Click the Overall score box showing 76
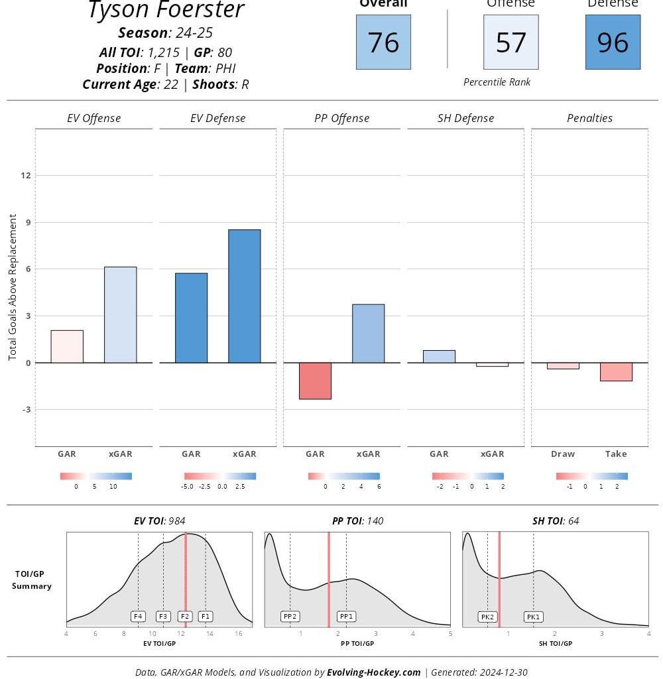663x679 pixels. [x=383, y=42]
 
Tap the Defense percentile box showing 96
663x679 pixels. [x=613, y=42]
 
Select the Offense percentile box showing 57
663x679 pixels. [x=511, y=42]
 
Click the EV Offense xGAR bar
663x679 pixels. [x=120, y=315]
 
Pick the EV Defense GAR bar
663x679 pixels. [x=191, y=318]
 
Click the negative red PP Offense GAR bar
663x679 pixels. [x=315, y=381]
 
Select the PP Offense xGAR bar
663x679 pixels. [x=368, y=334]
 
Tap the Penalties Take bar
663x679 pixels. [x=616, y=371]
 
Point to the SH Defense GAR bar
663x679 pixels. [x=439, y=356]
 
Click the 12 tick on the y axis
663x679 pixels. [x=26, y=175]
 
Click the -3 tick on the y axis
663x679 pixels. [x=26, y=410]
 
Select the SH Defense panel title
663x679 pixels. [x=465, y=118]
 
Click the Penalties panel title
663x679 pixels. [x=589, y=118]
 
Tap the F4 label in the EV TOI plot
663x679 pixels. [x=138, y=616]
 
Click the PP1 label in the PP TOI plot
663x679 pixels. [x=346, y=616]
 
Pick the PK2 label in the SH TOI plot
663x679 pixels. [x=487, y=617]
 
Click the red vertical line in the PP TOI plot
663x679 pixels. [x=328, y=577]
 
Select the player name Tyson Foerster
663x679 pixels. [x=166, y=10]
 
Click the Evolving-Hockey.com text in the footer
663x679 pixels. [x=373, y=672]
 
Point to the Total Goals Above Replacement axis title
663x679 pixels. [x=13, y=287]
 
